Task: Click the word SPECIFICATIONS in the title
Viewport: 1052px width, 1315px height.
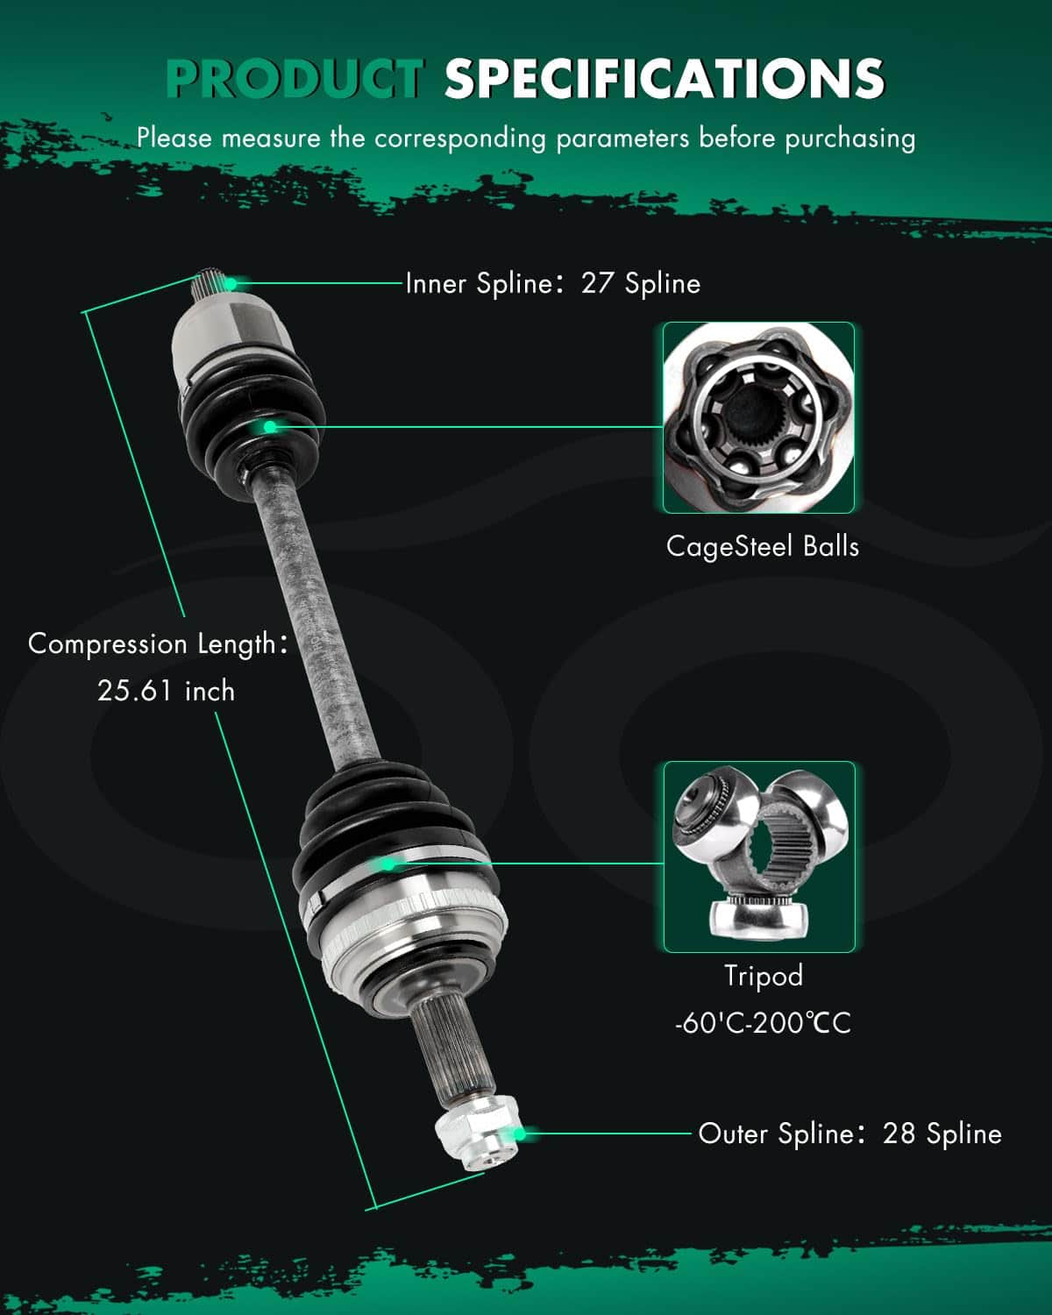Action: coord(664,79)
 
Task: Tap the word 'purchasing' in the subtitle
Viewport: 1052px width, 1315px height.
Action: coord(849,139)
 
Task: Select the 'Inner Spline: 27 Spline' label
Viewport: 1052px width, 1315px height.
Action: coord(552,283)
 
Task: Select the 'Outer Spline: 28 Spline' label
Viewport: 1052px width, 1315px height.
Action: coord(849,1134)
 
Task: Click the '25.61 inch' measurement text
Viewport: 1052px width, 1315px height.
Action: coord(167,691)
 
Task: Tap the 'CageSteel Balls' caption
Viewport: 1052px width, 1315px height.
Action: coord(762,546)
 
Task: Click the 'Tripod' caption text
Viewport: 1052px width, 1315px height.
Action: coord(763,975)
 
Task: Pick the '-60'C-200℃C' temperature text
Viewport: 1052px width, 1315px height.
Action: coord(763,1022)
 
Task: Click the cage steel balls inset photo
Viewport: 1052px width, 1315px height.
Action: coord(758,417)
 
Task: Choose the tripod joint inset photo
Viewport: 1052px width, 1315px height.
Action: coord(759,857)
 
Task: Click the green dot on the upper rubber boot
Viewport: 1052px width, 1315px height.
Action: coord(270,427)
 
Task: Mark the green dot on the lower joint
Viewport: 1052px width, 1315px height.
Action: coord(388,864)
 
